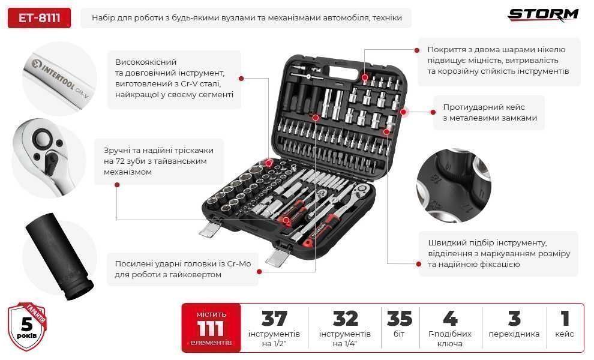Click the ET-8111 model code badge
(40, 18)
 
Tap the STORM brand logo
(543, 15)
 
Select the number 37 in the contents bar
(274, 319)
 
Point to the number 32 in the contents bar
(345, 319)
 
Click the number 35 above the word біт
(400, 319)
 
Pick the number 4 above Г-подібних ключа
(450, 319)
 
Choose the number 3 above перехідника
(514, 319)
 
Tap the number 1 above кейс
(565, 319)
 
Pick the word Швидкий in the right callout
(444, 242)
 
